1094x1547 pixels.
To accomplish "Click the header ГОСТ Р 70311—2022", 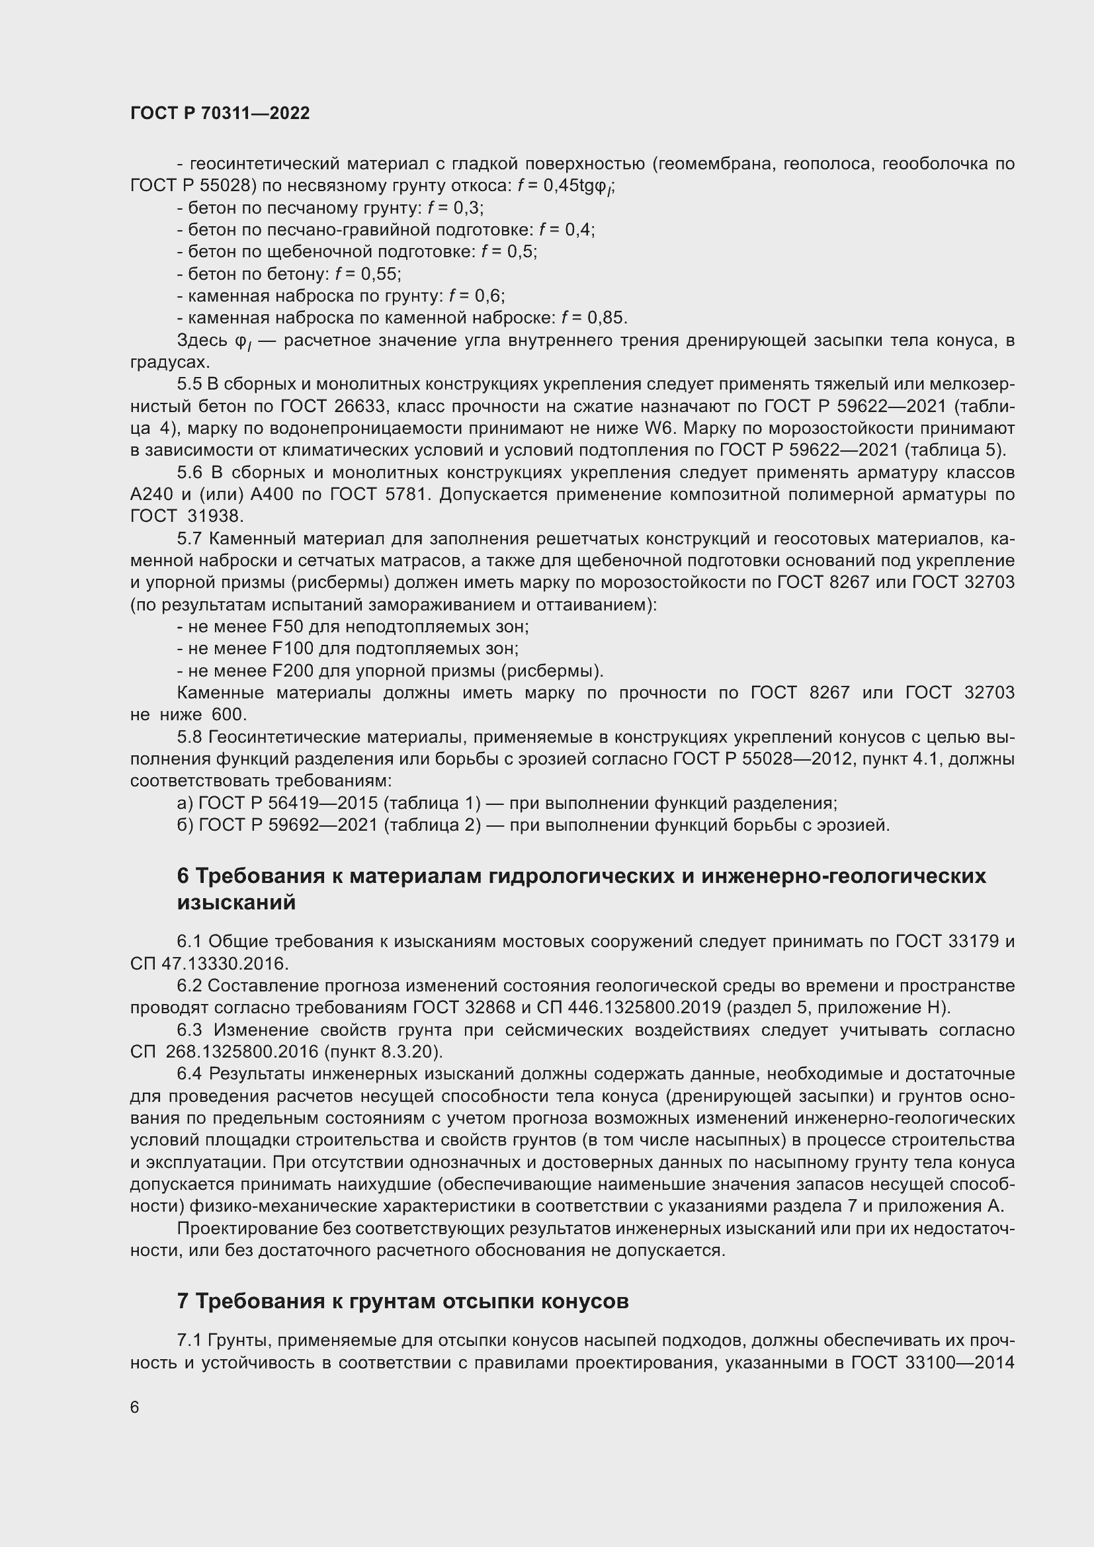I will point(220,113).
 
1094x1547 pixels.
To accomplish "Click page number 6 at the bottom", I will point(135,1407).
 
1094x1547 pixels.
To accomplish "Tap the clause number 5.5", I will point(189,384).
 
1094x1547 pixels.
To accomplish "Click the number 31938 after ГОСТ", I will point(217,516).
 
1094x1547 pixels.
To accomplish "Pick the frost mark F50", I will point(288,626).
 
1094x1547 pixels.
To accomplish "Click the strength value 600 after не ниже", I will point(229,714).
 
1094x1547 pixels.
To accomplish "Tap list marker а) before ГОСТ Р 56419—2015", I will point(185,803).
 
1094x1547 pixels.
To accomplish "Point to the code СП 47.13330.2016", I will point(209,964).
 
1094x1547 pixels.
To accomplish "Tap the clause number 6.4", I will point(190,1073).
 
